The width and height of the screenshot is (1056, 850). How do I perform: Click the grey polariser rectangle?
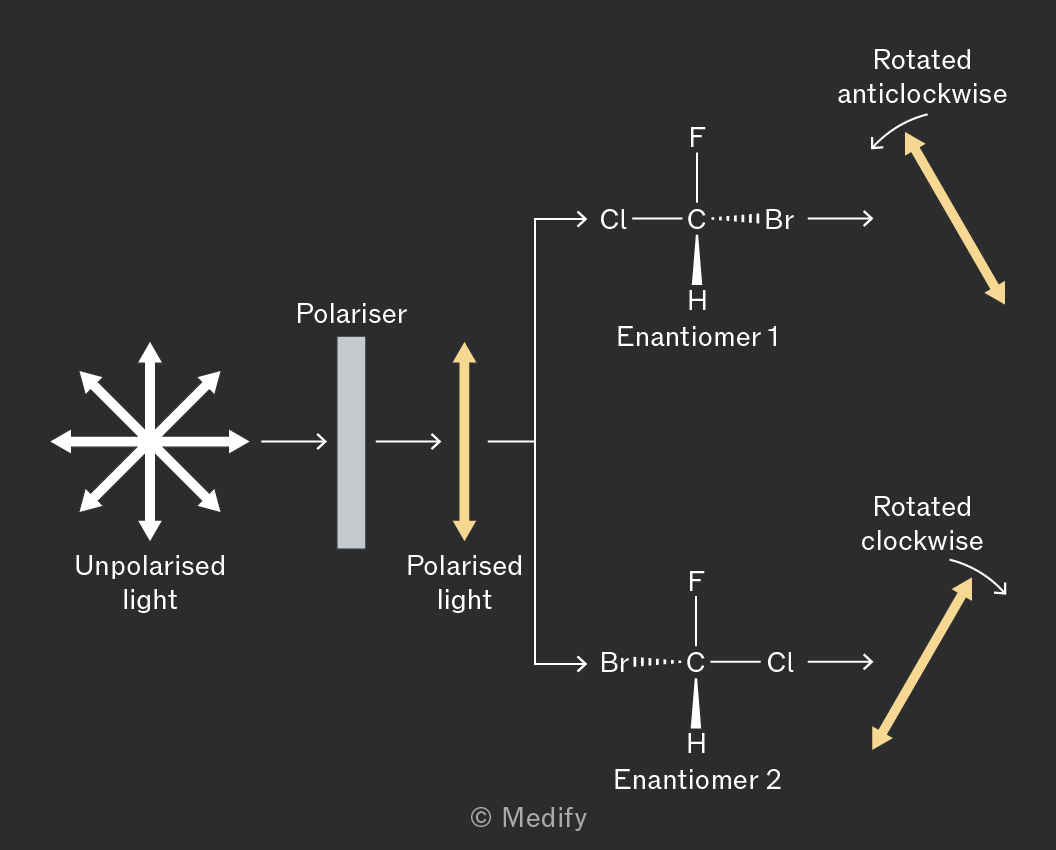pyautogui.click(x=351, y=443)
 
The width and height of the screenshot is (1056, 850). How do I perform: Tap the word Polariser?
pyautogui.click(x=352, y=314)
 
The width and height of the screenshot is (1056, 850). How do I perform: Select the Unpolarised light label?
pyautogui.click(x=150, y=583)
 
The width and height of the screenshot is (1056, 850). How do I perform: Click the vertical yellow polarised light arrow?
pyautogui.click(x=464, y=441)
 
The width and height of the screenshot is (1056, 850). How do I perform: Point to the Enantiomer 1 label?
pyautogui.click(x=697, y=337)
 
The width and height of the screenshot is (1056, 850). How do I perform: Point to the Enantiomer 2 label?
pyautogui.click(x=697, y=780)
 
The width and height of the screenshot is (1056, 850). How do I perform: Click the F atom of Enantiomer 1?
pyautogui.click(x=697, y=138)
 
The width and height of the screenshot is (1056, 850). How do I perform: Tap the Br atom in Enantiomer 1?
pyautogui.click(x=779, y=220)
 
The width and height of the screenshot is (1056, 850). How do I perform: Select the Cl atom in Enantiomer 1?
pyautogui.click(x=613, y=220)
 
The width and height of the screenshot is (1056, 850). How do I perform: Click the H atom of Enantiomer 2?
pyautogui.click(x=696, y=744)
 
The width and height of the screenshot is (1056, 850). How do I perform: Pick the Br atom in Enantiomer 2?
pyautogui.click(x=614, y=663)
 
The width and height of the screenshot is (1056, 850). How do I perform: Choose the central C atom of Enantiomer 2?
pyautogui.click(x=696, y=663)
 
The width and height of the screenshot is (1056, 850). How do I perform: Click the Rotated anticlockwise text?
pyautogui.click(x=922, y=77)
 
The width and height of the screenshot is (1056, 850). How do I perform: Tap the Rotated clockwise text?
pyautogui.click(x=922, y=524)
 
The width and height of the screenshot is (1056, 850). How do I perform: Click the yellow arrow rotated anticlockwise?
pyautogui.click(x=954, y=218)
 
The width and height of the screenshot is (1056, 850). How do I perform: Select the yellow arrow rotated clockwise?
pyautogui.click(x=922, y=664)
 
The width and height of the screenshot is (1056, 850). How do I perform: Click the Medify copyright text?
pyautogui.click(x=529, y=818)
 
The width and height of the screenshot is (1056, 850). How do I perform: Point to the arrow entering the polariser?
pyautogui.click(x=294, y=441)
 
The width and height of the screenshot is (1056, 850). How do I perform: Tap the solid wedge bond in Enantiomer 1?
pyautogui.click(x=697, y=260)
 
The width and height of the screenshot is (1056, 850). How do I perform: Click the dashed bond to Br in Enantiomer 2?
pyautogui.click(x=657, y=663)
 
